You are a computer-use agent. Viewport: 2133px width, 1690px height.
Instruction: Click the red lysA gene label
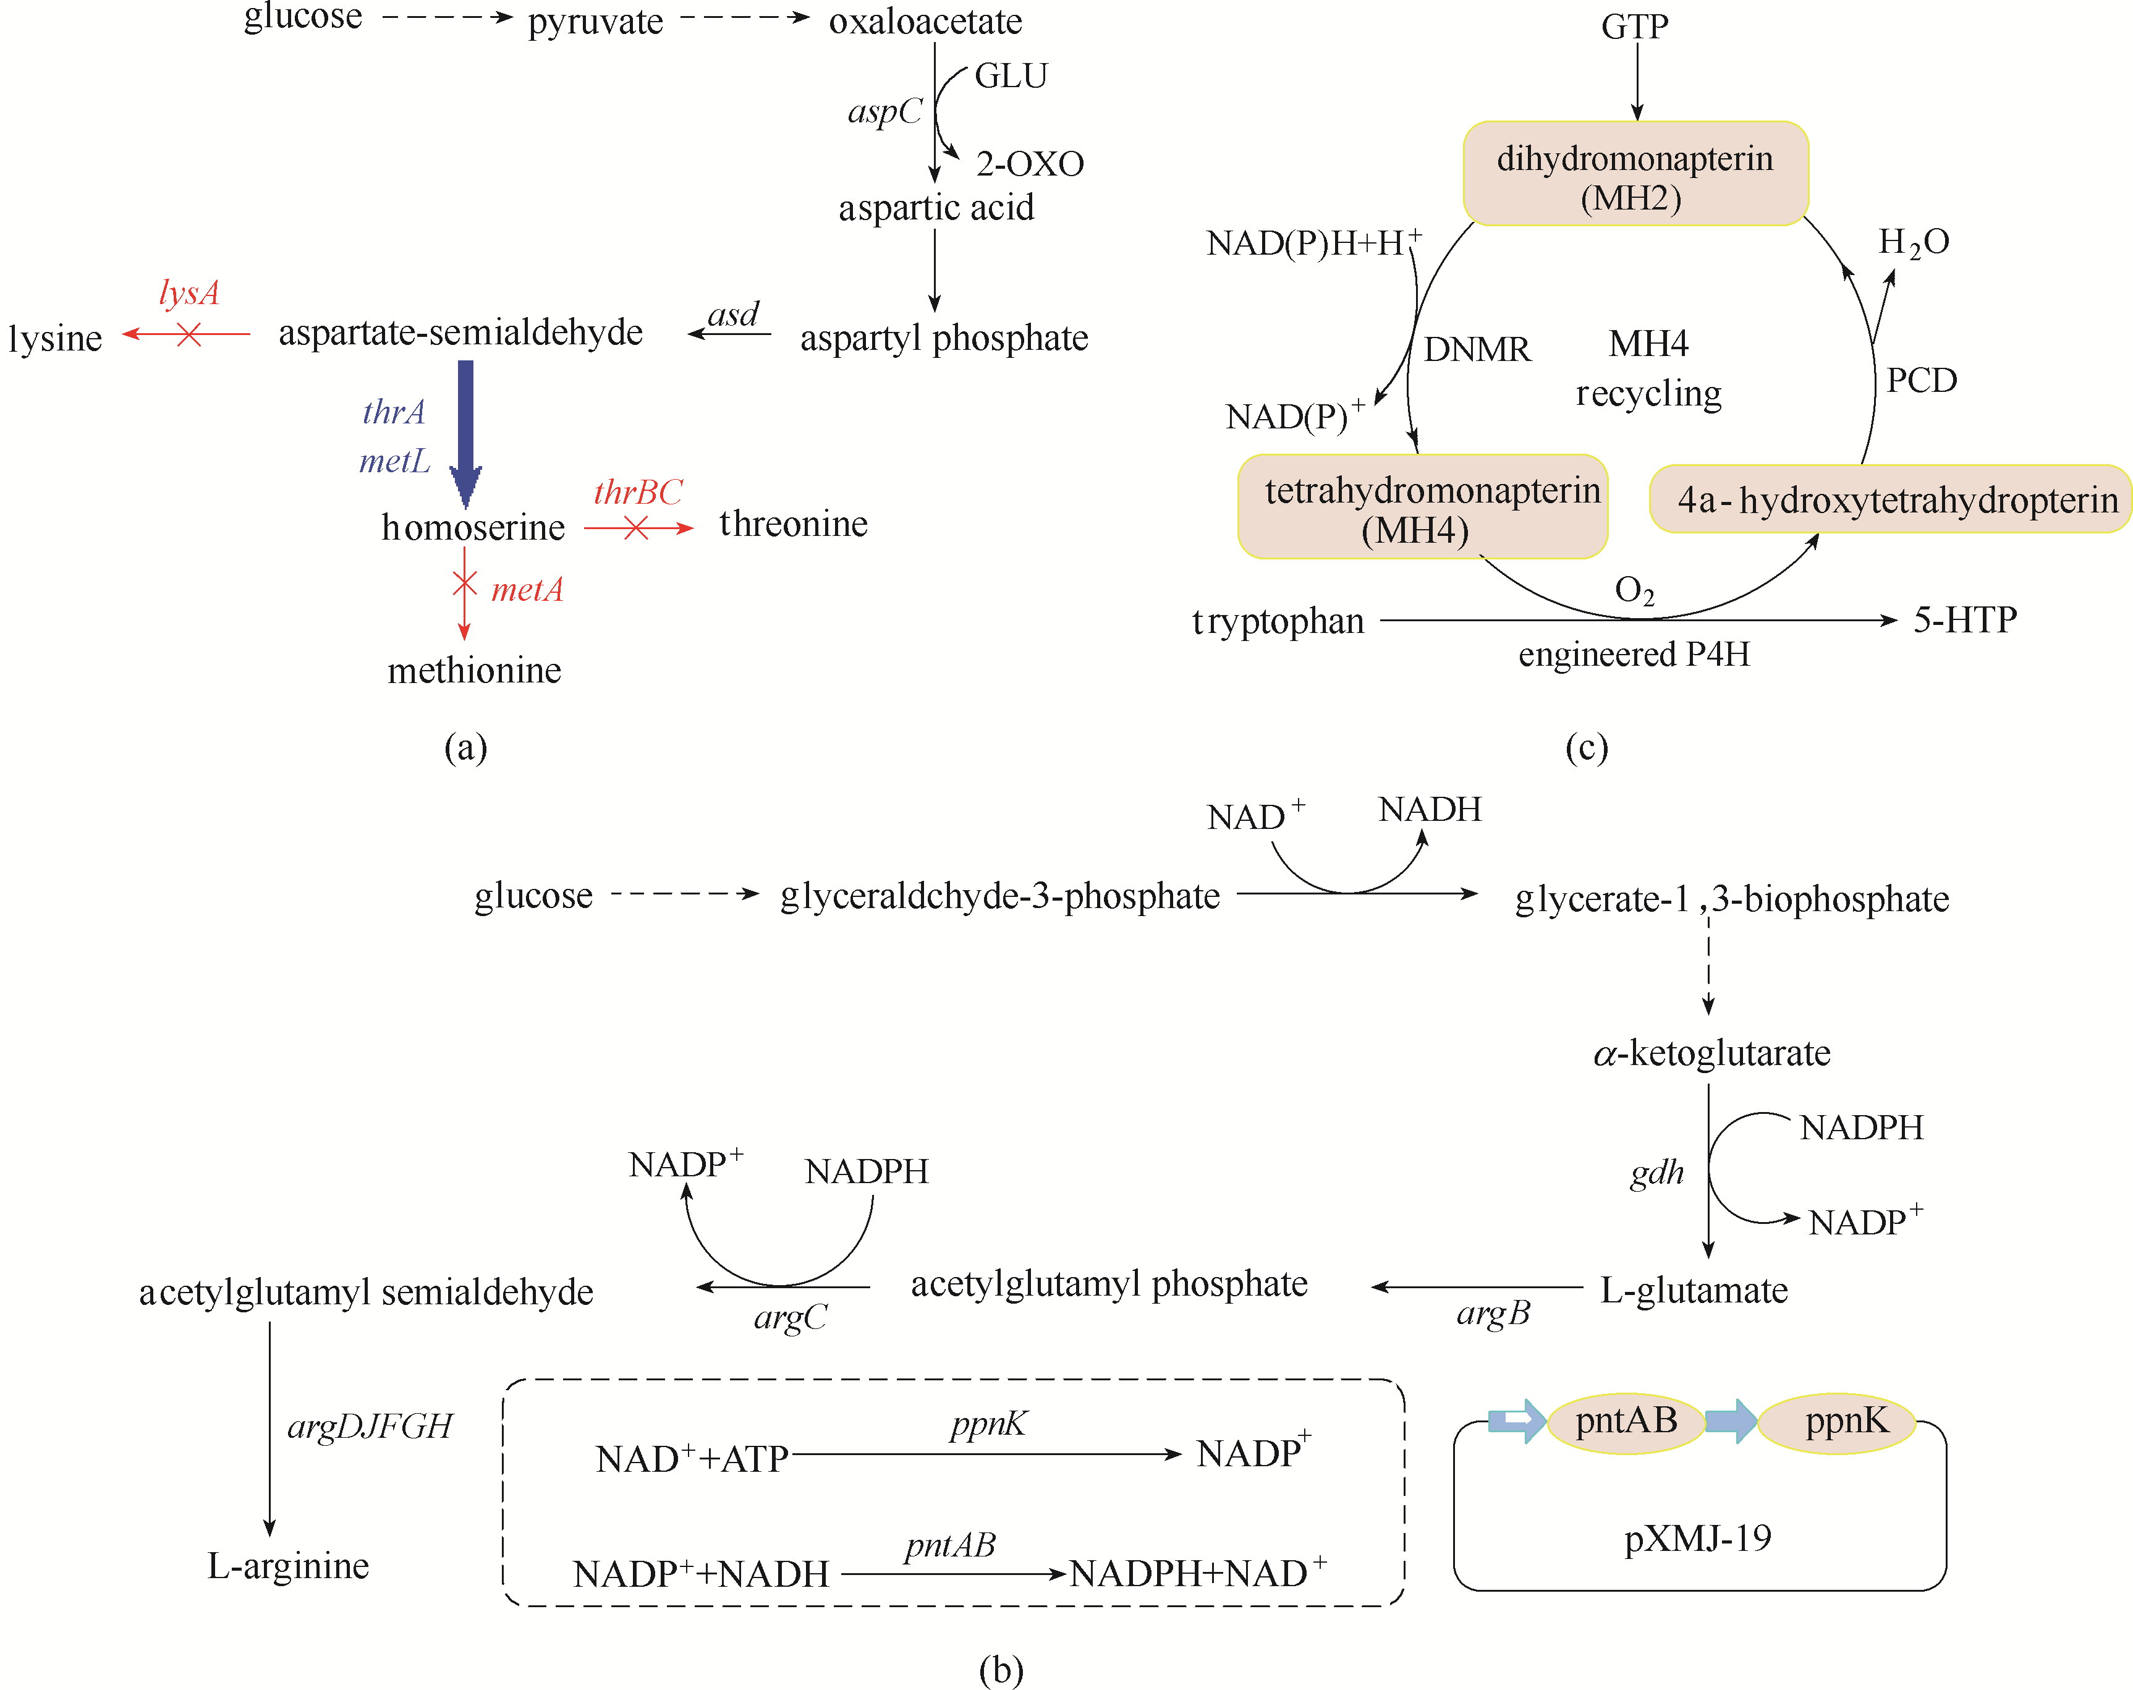(189, 293)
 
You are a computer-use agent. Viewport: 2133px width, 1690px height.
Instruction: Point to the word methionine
(474, 671)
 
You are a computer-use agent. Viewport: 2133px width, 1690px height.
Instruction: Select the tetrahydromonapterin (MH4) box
(1423, 507)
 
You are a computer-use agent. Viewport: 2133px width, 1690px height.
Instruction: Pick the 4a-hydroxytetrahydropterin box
(1889, 499)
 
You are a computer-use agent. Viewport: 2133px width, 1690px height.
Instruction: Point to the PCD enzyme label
(1921, 380)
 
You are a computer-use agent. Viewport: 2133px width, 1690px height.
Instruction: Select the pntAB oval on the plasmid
(1626, 1422)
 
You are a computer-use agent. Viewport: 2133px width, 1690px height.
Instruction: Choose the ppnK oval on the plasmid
(1846, 1422)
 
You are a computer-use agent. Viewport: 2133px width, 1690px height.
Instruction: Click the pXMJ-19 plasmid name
(1698, 1539)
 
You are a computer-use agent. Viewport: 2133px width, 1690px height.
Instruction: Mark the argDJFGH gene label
(369, 1427)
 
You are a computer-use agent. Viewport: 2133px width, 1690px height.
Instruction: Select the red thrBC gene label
(638, 493)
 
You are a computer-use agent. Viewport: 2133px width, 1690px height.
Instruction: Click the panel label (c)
(1586, 747)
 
